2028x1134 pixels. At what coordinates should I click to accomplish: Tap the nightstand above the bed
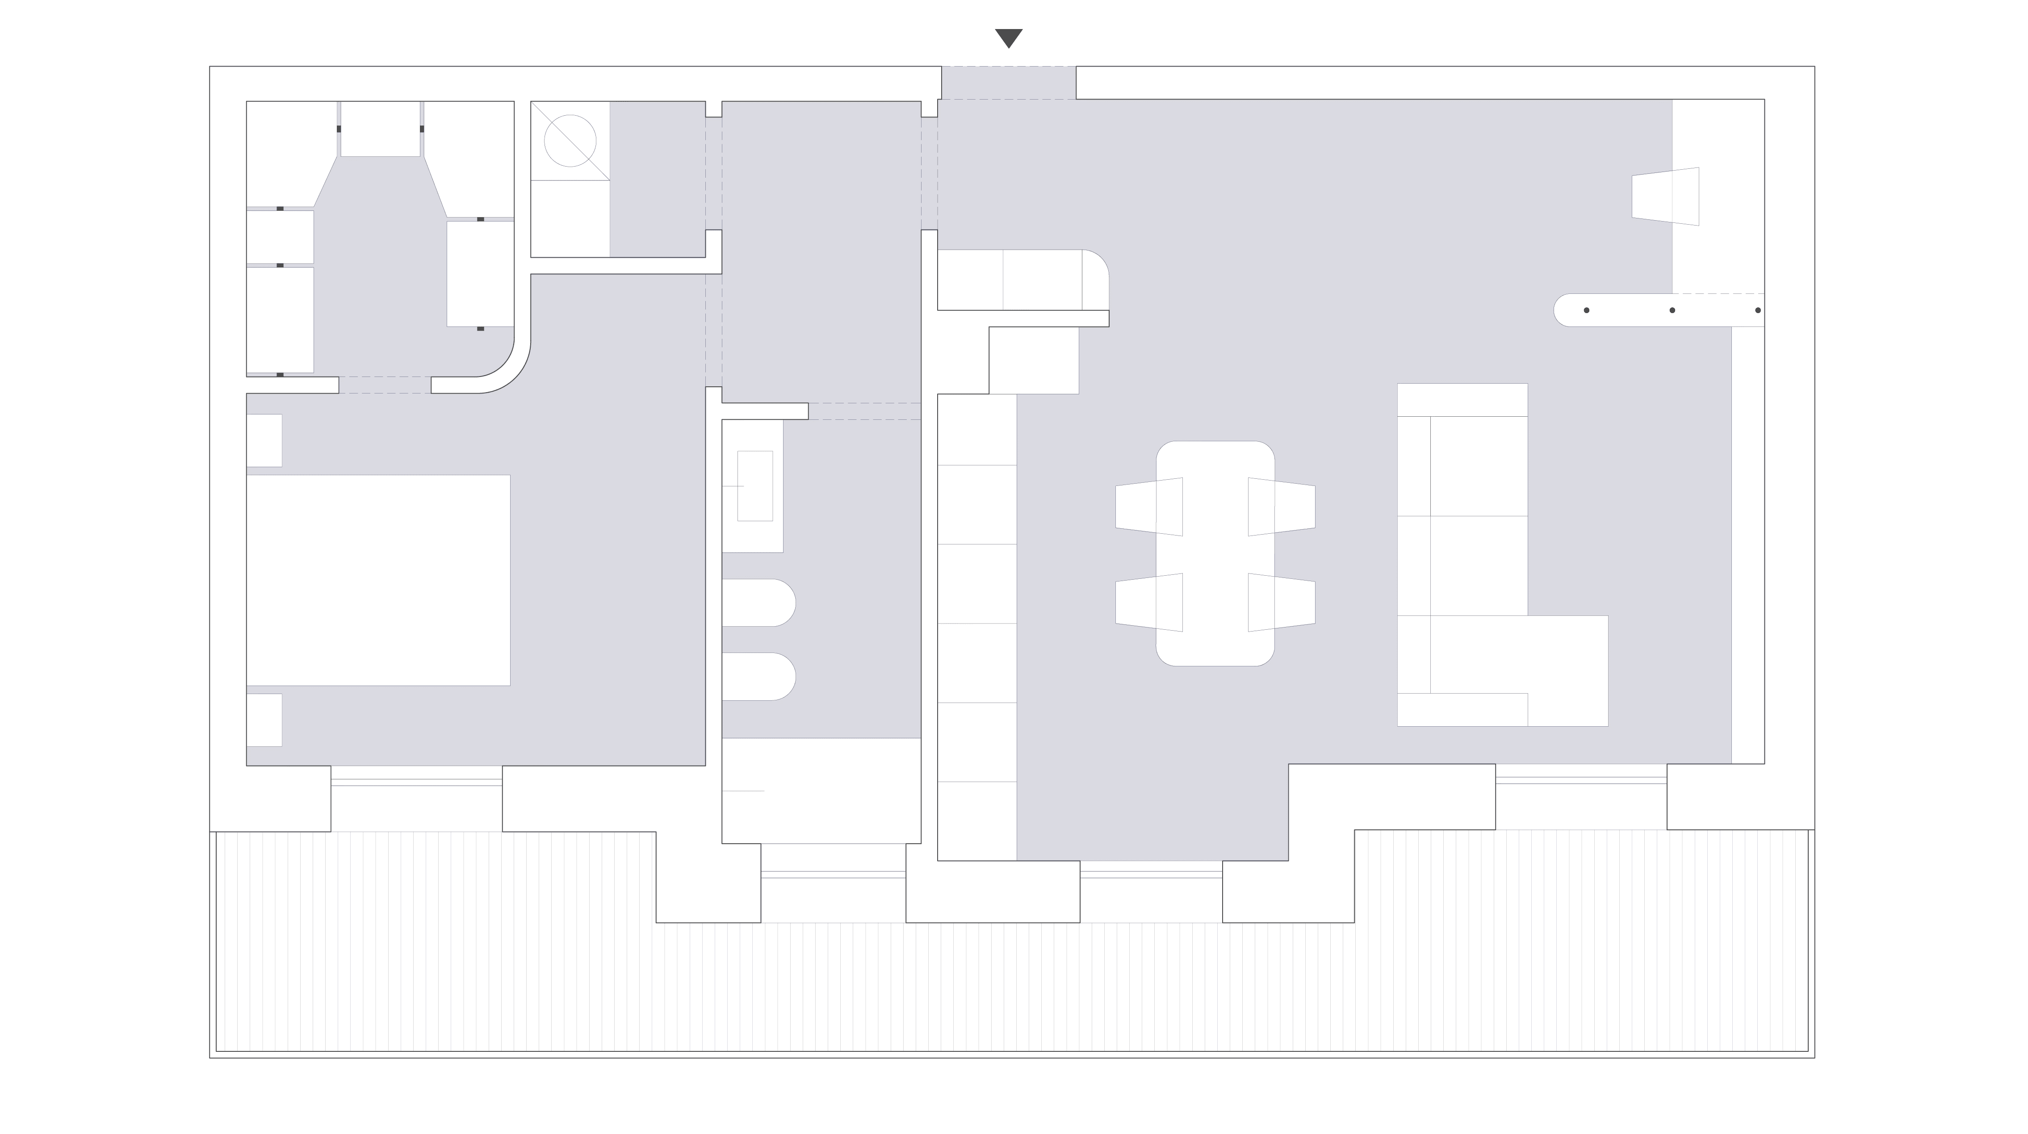click(264, 441)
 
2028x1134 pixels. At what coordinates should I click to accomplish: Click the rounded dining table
click(1215, 553)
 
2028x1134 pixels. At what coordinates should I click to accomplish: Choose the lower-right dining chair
click(1281, 602)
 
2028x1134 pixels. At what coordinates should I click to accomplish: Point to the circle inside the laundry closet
click(570, 141)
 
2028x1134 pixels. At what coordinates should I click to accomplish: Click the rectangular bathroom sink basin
click(755, 485)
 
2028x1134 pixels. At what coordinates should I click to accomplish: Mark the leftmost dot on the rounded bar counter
click(1586, 310)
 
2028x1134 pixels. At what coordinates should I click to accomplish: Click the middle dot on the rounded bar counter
click(1672, 310)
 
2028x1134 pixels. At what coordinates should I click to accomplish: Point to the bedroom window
click(416, 782)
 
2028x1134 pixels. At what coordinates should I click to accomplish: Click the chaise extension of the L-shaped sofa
click(1567, 670)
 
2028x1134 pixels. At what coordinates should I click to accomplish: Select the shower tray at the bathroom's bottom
click(821, 790)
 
